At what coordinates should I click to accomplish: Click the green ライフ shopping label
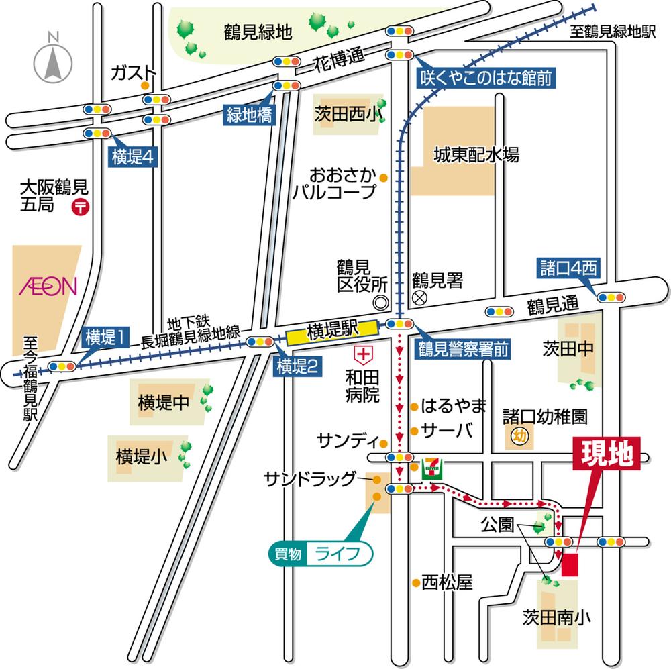pos(319,554)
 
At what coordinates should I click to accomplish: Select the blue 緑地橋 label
pos(248,115)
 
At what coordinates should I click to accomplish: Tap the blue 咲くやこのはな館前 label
pos(486,79)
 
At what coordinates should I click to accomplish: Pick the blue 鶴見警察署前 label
pos(462,349)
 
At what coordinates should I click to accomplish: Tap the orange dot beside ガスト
pos(144,86)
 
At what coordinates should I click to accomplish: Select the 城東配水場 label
pos(476,155)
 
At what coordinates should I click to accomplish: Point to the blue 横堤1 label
pos(105,338)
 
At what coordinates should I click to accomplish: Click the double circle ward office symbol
pos(380,303)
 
